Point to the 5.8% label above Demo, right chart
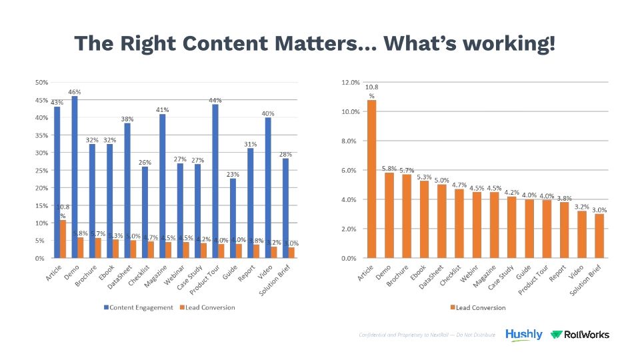point(389,167)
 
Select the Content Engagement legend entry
point(137,307)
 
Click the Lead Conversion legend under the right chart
point(477,307)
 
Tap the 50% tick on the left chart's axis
point(41,83)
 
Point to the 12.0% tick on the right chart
point(350,83)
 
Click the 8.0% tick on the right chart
point(351,141)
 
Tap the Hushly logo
point(523,335)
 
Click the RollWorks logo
point(580,335)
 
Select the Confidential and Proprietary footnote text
point(427,335)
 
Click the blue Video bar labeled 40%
point(267,187)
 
